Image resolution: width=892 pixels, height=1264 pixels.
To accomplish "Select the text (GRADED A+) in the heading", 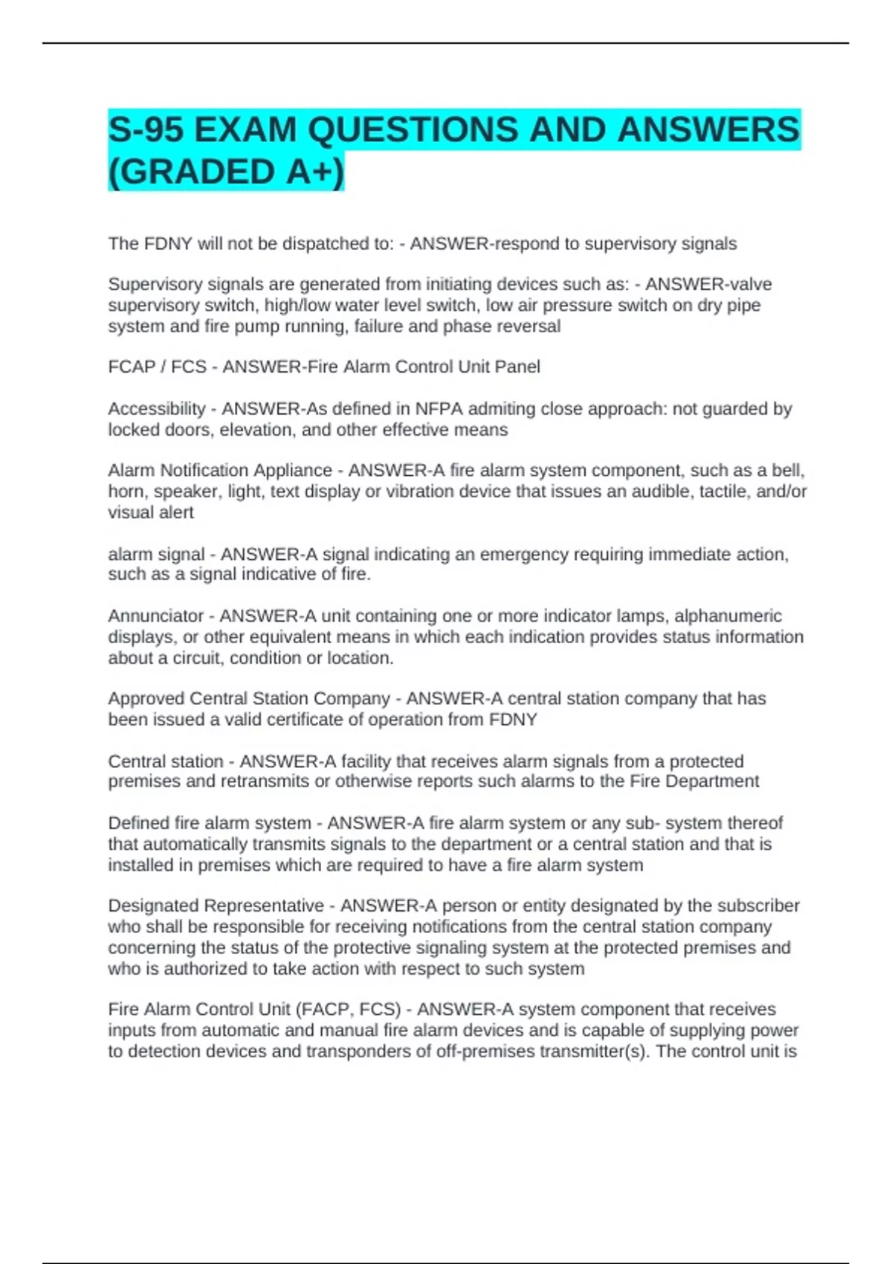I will coord(226,172).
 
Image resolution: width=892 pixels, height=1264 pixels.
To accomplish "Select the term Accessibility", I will coord(156,409).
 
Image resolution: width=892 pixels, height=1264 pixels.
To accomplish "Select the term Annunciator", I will coord(155,616).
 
